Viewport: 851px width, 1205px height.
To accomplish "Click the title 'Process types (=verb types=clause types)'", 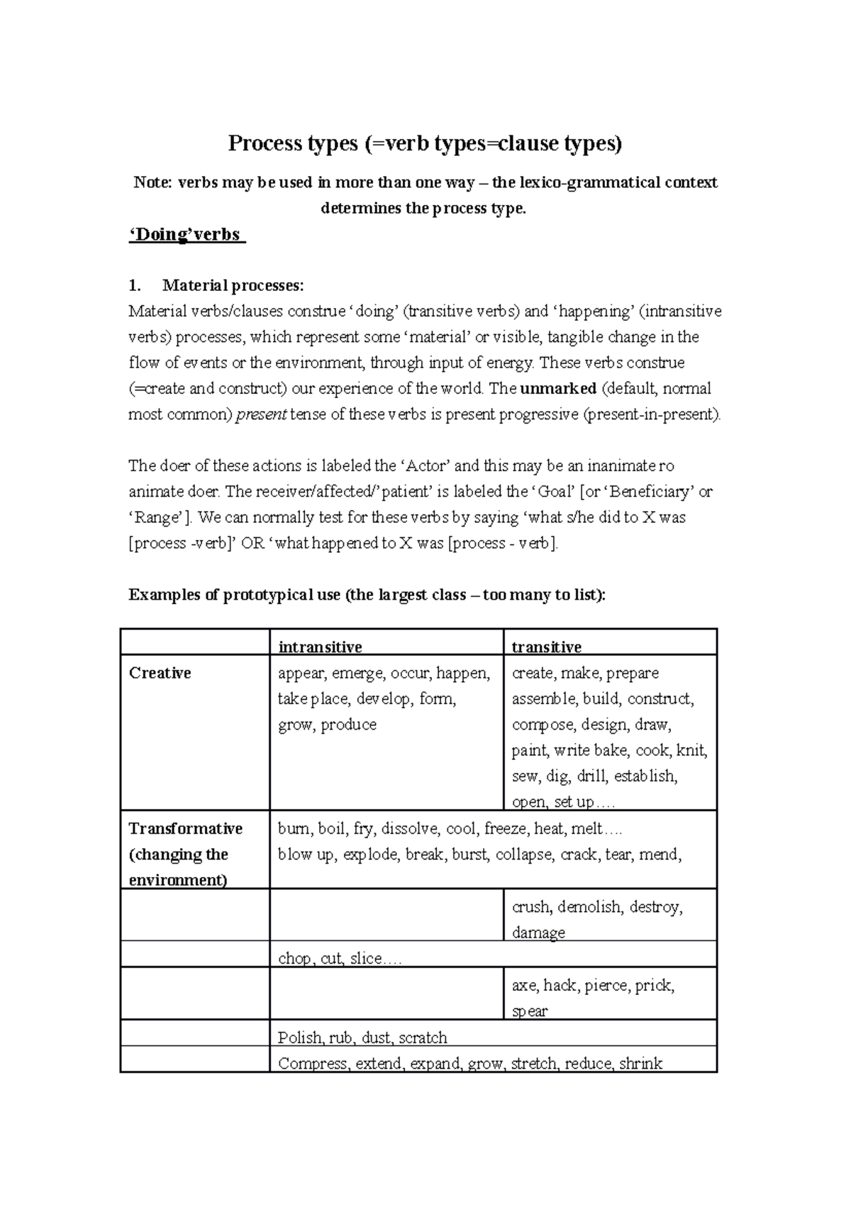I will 424,144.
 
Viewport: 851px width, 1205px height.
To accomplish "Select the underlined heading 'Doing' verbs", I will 186,235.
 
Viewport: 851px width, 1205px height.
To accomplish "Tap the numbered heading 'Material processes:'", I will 233,286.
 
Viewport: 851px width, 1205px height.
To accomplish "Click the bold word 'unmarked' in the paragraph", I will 558,389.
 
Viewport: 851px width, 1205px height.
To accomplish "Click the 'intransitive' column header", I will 320,646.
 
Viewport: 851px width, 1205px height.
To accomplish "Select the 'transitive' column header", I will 546,646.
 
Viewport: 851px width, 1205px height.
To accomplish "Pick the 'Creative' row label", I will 160,673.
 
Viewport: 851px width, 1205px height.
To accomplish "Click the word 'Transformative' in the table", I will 186,829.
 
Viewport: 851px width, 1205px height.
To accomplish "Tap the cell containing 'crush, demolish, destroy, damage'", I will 597,919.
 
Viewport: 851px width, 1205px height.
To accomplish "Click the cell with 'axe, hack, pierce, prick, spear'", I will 593,998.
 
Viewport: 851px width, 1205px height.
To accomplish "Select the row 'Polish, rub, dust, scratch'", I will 362,1038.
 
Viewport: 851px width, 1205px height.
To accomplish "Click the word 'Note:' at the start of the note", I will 152,183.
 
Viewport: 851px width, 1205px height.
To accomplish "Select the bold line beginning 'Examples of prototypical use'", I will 367,595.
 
